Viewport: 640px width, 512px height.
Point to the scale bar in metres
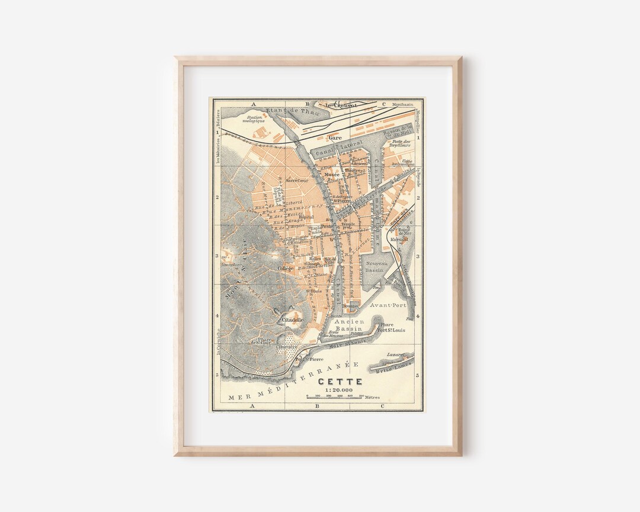(335, 396)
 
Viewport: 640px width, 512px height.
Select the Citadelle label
(293, 319)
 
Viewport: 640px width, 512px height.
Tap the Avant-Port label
(388, 306)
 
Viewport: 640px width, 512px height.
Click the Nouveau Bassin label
(376, 267)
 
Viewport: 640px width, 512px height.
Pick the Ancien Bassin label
(349, 325)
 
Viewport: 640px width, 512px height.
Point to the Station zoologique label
(254, 120)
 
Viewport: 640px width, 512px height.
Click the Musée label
(332, 175)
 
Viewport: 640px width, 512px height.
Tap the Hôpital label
(306, 217)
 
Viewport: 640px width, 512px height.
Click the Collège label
(286, 268)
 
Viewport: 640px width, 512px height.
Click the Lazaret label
(395, 354)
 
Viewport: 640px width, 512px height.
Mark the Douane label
(351, 306)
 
